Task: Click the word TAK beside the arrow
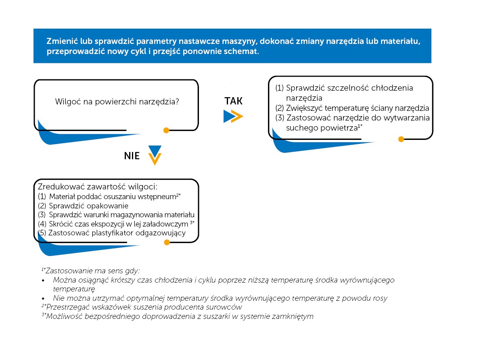point(234,101)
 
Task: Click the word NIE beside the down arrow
point(132,156)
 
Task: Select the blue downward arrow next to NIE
point(155,150)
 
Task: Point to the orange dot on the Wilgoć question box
point(166,130)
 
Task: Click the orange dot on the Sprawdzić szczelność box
point(401,139)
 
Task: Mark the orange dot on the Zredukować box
point(165,242)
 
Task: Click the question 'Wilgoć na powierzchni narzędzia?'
point(117,102)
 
